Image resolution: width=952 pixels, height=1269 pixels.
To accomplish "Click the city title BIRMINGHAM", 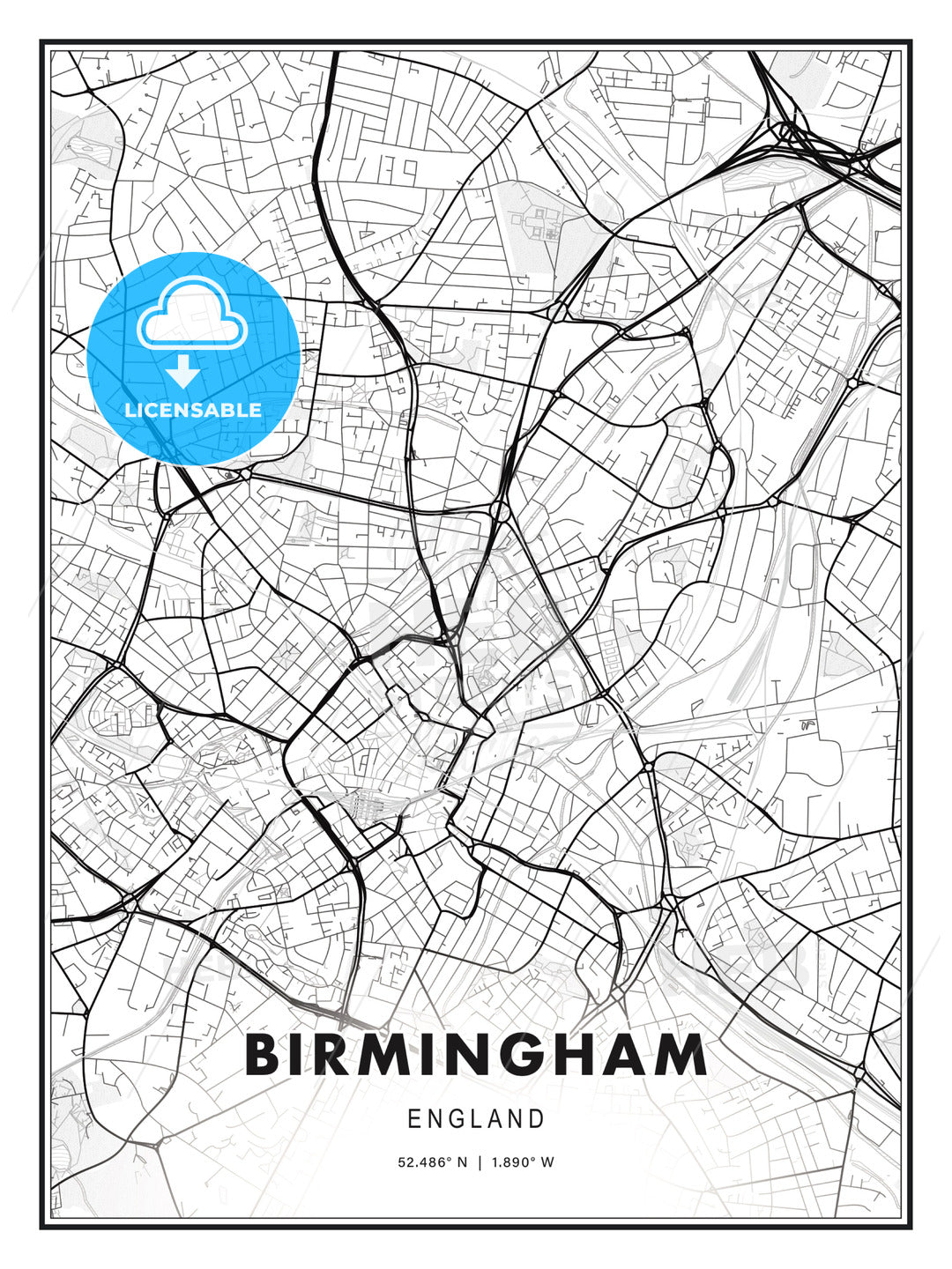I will coord(476,1055).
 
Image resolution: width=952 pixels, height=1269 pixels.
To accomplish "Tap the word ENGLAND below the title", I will coord(476,1119).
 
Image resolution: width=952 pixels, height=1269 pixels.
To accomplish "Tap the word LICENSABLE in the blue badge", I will coord(193,410).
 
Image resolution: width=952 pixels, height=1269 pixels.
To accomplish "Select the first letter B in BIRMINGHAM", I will coord(264,1055).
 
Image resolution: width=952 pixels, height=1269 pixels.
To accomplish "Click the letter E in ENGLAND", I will coord(414,1119).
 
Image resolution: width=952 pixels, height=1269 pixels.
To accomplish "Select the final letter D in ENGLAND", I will coord(536,1119).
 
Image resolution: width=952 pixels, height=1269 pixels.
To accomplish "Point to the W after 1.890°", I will coord(547,1162).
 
